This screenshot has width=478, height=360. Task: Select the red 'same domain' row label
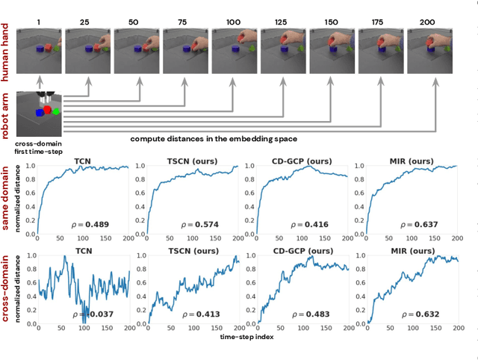tap(7, 195)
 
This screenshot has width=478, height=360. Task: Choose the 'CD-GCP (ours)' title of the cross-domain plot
tap(304, 252)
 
